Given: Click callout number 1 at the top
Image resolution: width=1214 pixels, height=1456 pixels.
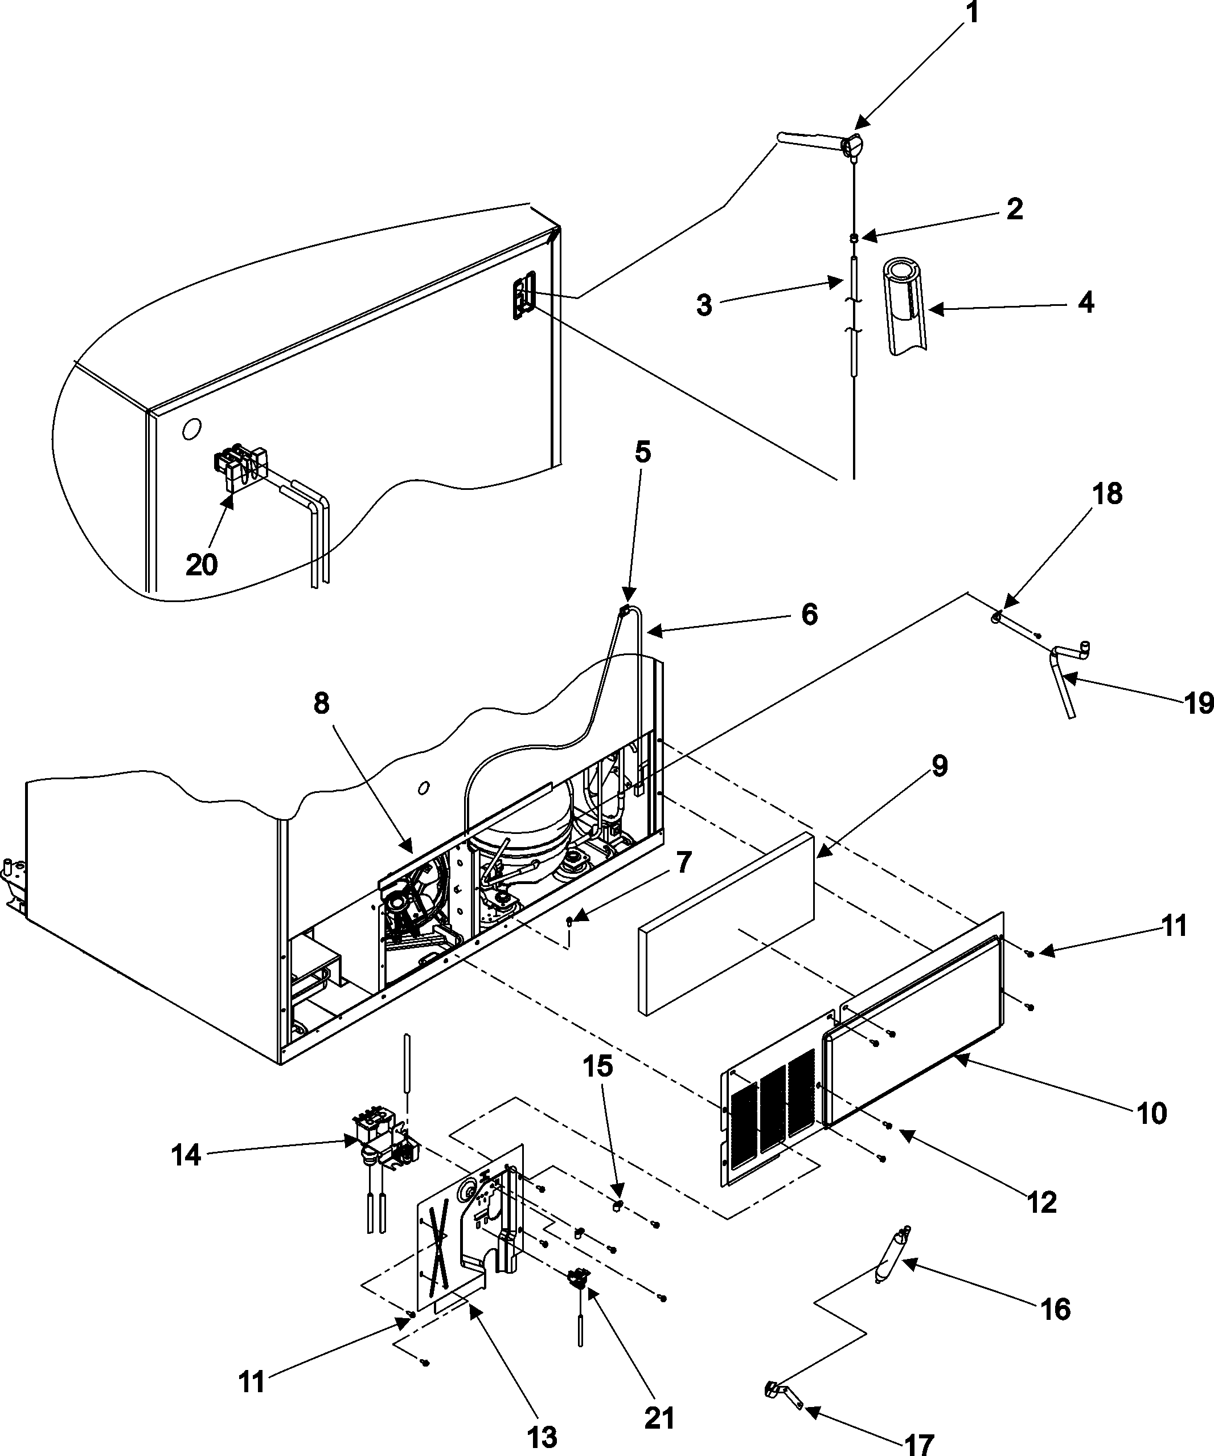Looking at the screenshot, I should [x=973, y=14].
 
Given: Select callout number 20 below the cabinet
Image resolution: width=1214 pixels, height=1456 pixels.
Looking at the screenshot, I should [x=202, y=565].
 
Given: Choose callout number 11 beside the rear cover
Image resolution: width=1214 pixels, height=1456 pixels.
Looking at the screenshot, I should [x=1174, y=926].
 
